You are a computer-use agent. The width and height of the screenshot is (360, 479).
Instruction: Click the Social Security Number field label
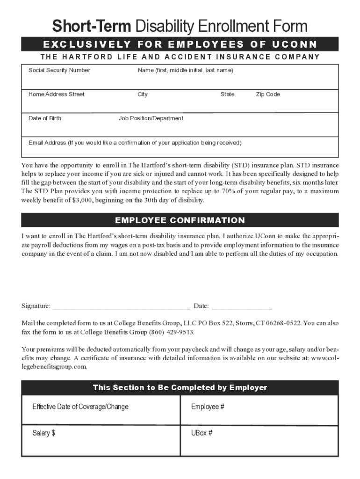click(59, 70)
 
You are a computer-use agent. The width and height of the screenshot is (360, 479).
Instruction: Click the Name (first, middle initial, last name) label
click(185, 70)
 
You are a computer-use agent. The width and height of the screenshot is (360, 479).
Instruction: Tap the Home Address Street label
click(56, 94)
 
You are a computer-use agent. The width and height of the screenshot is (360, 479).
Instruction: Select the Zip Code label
click(267, 94)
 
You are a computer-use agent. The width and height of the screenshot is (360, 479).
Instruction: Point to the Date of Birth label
click(44, 118)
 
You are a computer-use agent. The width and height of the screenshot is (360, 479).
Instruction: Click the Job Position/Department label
click(151, 118)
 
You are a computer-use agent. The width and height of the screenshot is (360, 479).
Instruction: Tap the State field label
click(227, 94)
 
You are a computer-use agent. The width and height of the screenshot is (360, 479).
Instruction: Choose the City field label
click(143, 94)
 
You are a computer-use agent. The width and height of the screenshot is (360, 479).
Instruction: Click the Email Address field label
click(135, 143)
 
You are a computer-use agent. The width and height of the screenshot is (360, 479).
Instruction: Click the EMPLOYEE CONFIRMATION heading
click(180, 220)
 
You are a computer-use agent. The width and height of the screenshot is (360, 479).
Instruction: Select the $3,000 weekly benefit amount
click(82, 200)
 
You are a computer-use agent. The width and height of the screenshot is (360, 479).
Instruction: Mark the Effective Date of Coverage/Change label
click(80, 407)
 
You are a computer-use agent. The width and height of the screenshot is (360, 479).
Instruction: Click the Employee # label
click(208, 407)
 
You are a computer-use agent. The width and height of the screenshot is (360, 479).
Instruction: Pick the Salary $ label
click(43, 433)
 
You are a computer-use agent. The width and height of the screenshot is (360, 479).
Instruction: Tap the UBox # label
click(202, 433)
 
